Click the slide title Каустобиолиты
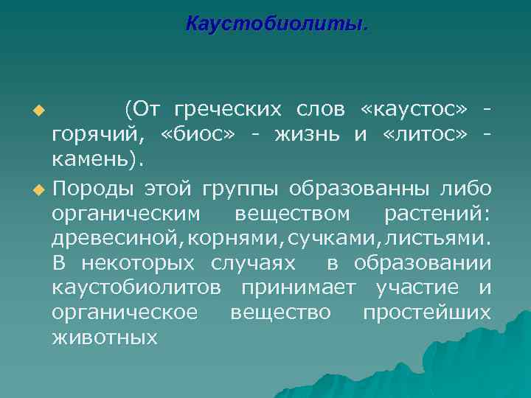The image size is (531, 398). point(276,24)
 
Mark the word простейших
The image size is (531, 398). point(426,313)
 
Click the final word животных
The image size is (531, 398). point(105,338)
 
